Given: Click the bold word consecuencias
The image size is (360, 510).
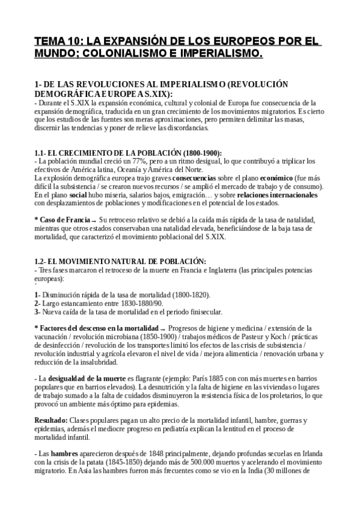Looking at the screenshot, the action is click(x=197, y=179).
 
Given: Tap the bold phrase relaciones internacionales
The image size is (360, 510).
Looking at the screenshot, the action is click(x=277, y=195).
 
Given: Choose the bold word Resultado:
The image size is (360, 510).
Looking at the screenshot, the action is click(x=51, y=419).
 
